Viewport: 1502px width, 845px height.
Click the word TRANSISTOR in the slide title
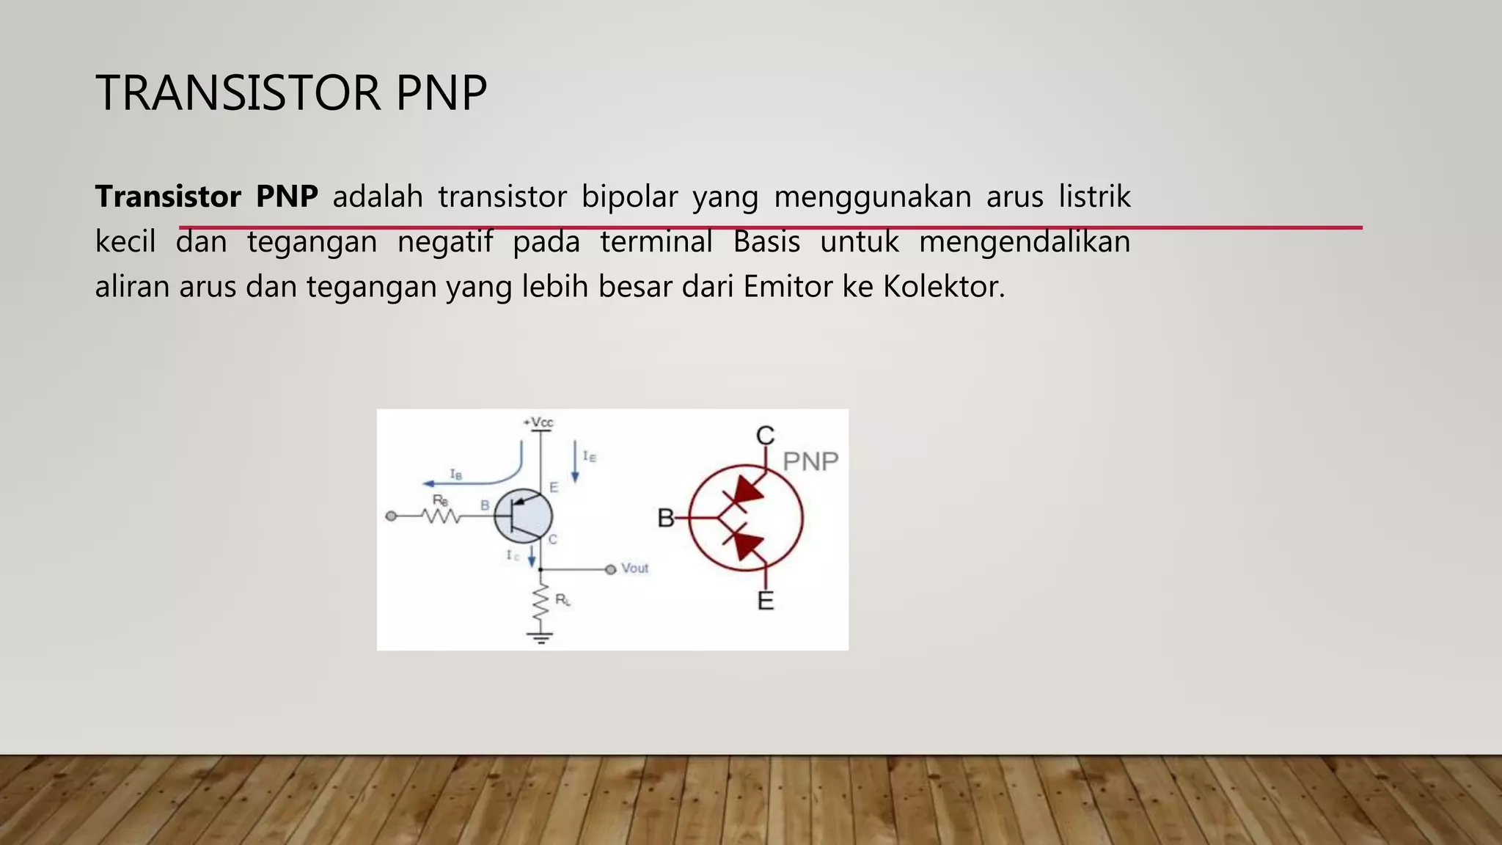(x=238, y=93)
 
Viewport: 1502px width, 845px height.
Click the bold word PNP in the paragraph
(x=287, y=197)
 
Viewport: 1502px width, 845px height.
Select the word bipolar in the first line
(x=629, y=197)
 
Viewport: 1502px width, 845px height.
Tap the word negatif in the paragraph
(x=444, y=241)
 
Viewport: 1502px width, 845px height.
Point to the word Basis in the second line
(x=766, y=241)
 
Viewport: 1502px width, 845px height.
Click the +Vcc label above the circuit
(x=539, y=422)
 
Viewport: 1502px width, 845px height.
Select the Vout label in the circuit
(x=634, y=568)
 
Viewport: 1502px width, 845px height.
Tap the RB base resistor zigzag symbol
(x=441, y=516)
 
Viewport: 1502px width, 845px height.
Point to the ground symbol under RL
(x=541, y=637)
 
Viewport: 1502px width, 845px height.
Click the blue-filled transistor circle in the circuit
(x=523, y=516)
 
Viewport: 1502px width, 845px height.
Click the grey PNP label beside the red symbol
(x=810, y=461)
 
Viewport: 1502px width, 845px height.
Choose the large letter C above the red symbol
(x=765, y=436)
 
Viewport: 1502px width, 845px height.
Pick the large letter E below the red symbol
(x=765, y=601)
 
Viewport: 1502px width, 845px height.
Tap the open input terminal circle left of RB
(x=391, y=516)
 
